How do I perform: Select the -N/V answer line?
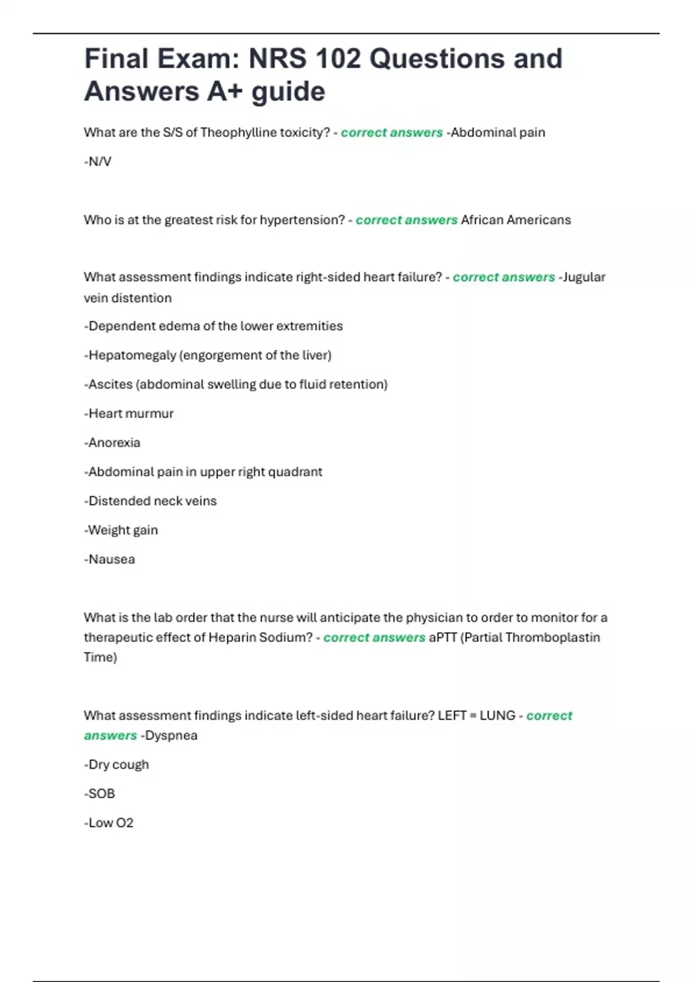98,162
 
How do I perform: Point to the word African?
482,220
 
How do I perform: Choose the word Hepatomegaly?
132,355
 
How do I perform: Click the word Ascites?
110,384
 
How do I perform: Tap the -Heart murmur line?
129,414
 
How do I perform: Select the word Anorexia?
114,442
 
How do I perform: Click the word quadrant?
295,472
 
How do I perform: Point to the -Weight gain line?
121,530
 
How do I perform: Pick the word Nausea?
111,559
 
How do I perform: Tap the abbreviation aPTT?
442,638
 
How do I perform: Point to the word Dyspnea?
171,735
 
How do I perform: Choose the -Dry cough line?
117,765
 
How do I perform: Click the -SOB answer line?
99,794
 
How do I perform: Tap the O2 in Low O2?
125,823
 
